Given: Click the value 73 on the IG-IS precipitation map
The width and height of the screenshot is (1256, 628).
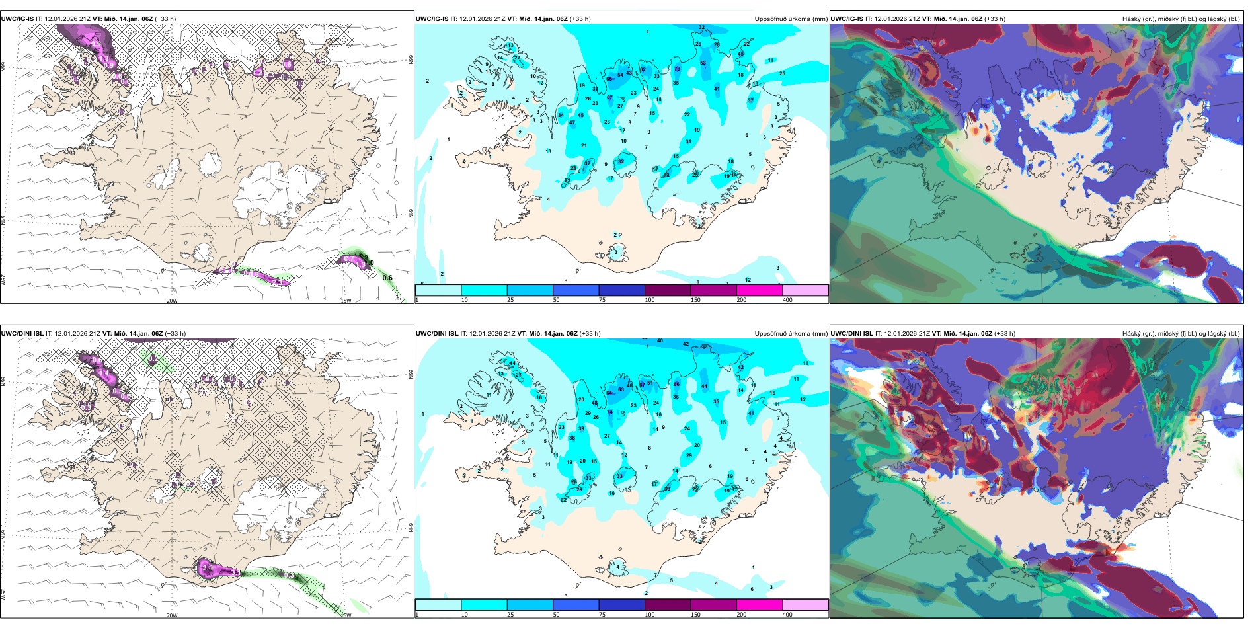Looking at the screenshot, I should [677, 69].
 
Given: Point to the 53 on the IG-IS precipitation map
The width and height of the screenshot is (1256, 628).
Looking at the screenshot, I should [703, 63].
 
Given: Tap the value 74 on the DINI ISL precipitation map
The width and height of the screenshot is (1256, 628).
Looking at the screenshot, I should [610, 412].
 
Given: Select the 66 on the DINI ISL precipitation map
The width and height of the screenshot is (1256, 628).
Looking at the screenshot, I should [676, 384].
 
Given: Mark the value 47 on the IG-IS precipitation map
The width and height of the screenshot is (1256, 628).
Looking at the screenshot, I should [572, 122].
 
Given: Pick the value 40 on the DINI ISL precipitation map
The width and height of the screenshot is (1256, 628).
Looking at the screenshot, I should [660, 341].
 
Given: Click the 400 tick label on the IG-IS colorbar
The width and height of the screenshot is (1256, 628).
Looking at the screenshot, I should [787, 300].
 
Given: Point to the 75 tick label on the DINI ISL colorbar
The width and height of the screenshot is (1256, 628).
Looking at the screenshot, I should [602, 615].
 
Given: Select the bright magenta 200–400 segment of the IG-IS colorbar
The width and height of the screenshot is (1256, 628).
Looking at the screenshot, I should [759, 290].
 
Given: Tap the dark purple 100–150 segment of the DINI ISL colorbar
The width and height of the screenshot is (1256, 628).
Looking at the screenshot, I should [667, 605].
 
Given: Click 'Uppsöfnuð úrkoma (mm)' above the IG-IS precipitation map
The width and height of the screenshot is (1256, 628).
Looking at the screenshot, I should [791, 19].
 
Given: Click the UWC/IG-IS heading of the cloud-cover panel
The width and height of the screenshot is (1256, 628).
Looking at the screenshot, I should [847, 19].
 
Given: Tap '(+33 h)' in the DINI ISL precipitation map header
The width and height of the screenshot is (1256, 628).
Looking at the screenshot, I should [590, 334].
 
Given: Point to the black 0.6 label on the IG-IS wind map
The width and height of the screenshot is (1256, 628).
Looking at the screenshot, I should [387, 278].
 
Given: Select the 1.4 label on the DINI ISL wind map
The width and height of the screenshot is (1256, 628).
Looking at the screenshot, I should [104, 373].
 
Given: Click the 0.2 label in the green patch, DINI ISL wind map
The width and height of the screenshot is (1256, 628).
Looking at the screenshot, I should [153, 358].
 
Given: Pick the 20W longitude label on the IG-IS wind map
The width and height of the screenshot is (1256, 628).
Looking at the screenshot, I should [172, 301].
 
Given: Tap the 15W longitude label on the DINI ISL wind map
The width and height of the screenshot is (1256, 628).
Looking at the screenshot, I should [346, 615].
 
